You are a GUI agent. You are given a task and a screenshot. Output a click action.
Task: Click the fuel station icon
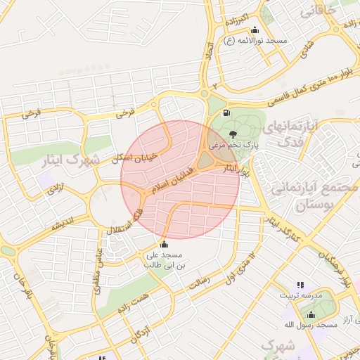226,112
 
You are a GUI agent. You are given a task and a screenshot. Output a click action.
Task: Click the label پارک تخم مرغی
237,148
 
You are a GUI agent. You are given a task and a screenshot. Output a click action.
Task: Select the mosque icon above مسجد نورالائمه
255,30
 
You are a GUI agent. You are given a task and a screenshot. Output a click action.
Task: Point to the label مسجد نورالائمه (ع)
255,41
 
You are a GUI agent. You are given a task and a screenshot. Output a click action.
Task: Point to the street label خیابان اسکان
142,148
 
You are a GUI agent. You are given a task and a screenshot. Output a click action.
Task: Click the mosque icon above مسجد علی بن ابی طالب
165,243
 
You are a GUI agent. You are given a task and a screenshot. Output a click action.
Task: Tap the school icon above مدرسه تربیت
300,285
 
